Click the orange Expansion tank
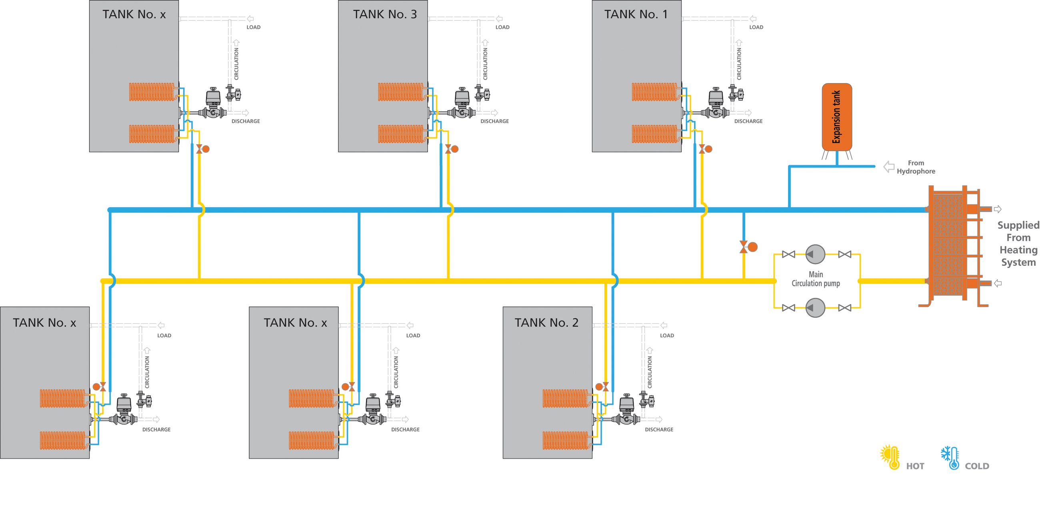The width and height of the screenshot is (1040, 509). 836,117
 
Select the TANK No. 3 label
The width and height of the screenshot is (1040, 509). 385,14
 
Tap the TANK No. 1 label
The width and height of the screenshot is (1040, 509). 636,14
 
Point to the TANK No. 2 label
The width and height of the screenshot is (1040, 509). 546,323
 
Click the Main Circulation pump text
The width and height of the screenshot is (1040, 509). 816,279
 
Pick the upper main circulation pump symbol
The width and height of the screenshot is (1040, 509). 815,254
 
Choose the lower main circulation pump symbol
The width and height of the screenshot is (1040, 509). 815,308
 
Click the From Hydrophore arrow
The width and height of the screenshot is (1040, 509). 889,167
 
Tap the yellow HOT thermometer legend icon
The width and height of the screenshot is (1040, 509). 890,457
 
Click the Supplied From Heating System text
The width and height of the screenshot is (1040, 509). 1018,244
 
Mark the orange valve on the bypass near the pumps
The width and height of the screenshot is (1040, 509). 748,247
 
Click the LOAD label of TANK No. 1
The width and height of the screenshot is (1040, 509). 756,27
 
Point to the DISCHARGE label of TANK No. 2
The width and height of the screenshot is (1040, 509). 659,429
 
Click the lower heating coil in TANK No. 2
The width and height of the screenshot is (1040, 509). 565,440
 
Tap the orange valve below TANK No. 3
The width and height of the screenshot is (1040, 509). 451,149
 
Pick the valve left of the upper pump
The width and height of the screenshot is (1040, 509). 788,254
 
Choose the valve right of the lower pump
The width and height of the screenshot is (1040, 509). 844,308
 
